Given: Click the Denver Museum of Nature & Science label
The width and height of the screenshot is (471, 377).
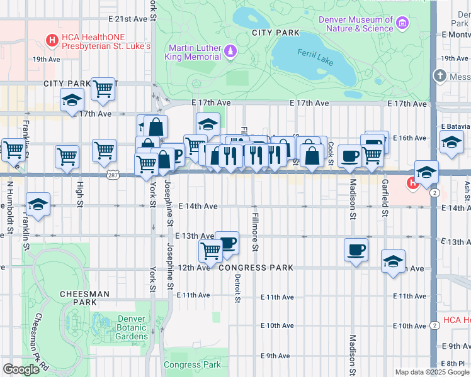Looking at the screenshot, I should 356,24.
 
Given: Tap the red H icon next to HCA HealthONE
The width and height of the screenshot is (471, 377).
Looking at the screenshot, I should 53,41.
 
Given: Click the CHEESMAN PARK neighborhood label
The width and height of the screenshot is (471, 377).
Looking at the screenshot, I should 84,298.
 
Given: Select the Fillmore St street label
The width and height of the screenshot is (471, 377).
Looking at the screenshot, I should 255,232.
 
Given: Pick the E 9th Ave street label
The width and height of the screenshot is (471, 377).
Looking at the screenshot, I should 275,356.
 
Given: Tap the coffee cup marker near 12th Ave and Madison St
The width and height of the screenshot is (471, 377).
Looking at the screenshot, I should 356,249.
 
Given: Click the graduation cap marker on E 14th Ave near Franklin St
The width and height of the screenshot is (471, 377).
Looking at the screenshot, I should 38,204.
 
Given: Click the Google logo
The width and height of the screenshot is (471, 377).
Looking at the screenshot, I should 21,369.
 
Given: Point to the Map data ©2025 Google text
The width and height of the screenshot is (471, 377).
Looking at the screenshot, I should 431,372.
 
